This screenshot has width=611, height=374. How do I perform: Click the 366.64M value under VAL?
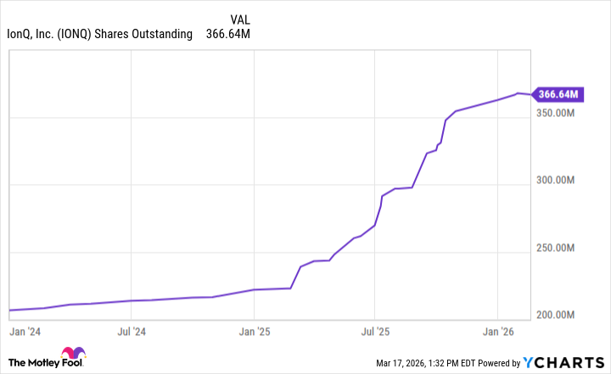(228, 34)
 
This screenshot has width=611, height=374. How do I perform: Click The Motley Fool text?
(34, 362)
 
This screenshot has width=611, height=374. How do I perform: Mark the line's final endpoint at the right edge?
(531, 94)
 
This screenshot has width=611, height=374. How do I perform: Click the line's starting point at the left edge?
(8, 310)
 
